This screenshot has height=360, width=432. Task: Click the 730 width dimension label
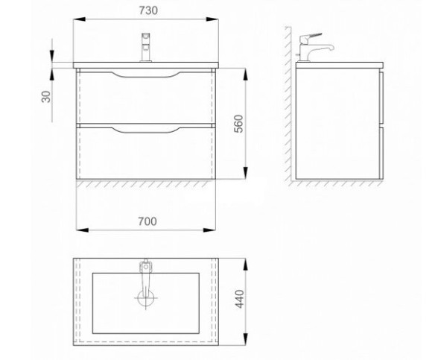point(148,10)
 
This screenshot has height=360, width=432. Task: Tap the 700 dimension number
point(147,221)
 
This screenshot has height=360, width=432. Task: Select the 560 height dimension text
point(239,124)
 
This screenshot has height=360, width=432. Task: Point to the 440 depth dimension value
point(239,299)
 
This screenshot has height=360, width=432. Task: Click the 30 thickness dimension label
point(46,97)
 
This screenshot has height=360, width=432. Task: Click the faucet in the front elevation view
point(146,47)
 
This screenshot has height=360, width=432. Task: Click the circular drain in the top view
point(146,298)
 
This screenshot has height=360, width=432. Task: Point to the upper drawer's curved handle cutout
point(146,75)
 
